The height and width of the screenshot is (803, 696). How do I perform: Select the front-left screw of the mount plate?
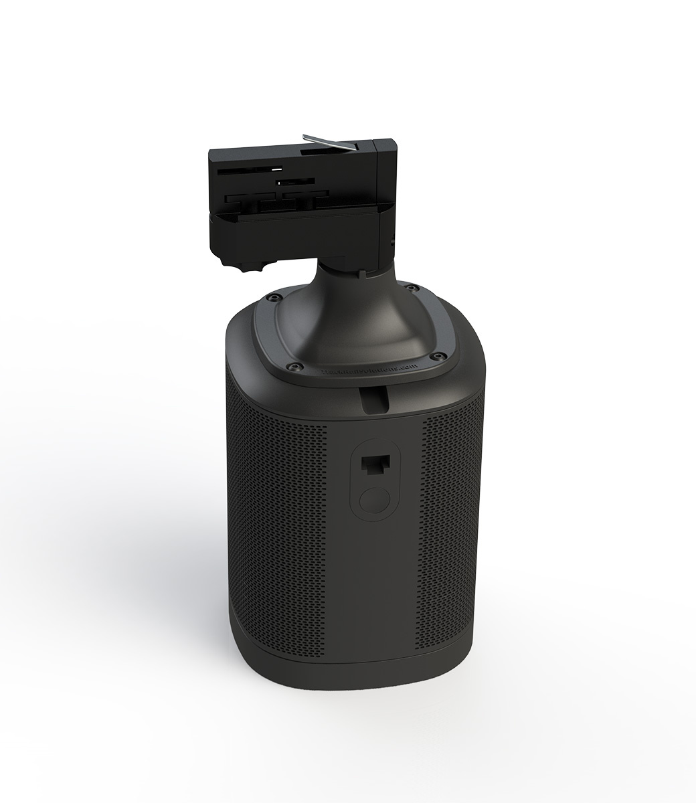point(290,365)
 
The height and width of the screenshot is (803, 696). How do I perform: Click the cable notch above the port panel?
point(375,400)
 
